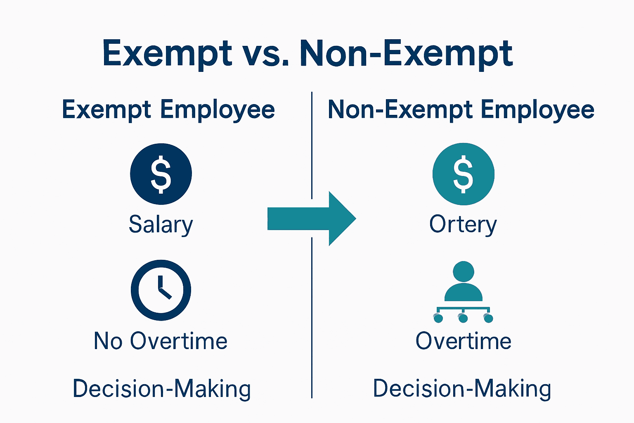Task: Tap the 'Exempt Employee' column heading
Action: point(168,110)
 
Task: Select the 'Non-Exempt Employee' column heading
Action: point(461,110)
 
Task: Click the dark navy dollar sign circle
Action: point(161,174)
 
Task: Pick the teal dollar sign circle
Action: point(463,174)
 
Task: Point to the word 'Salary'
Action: point(161,225)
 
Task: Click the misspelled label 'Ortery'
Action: point(463,225)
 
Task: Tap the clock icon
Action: point(161,290)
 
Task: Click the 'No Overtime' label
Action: point(161,341)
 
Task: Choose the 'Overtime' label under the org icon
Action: point(463,341)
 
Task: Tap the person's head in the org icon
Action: point(463,271)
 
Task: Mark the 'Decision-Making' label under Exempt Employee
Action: point(161,389)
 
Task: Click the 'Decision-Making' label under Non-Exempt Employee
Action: point(462,389)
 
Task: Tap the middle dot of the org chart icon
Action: point(463,318)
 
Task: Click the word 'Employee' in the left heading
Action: point(218,110)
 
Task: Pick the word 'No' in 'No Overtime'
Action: point(108,341)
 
